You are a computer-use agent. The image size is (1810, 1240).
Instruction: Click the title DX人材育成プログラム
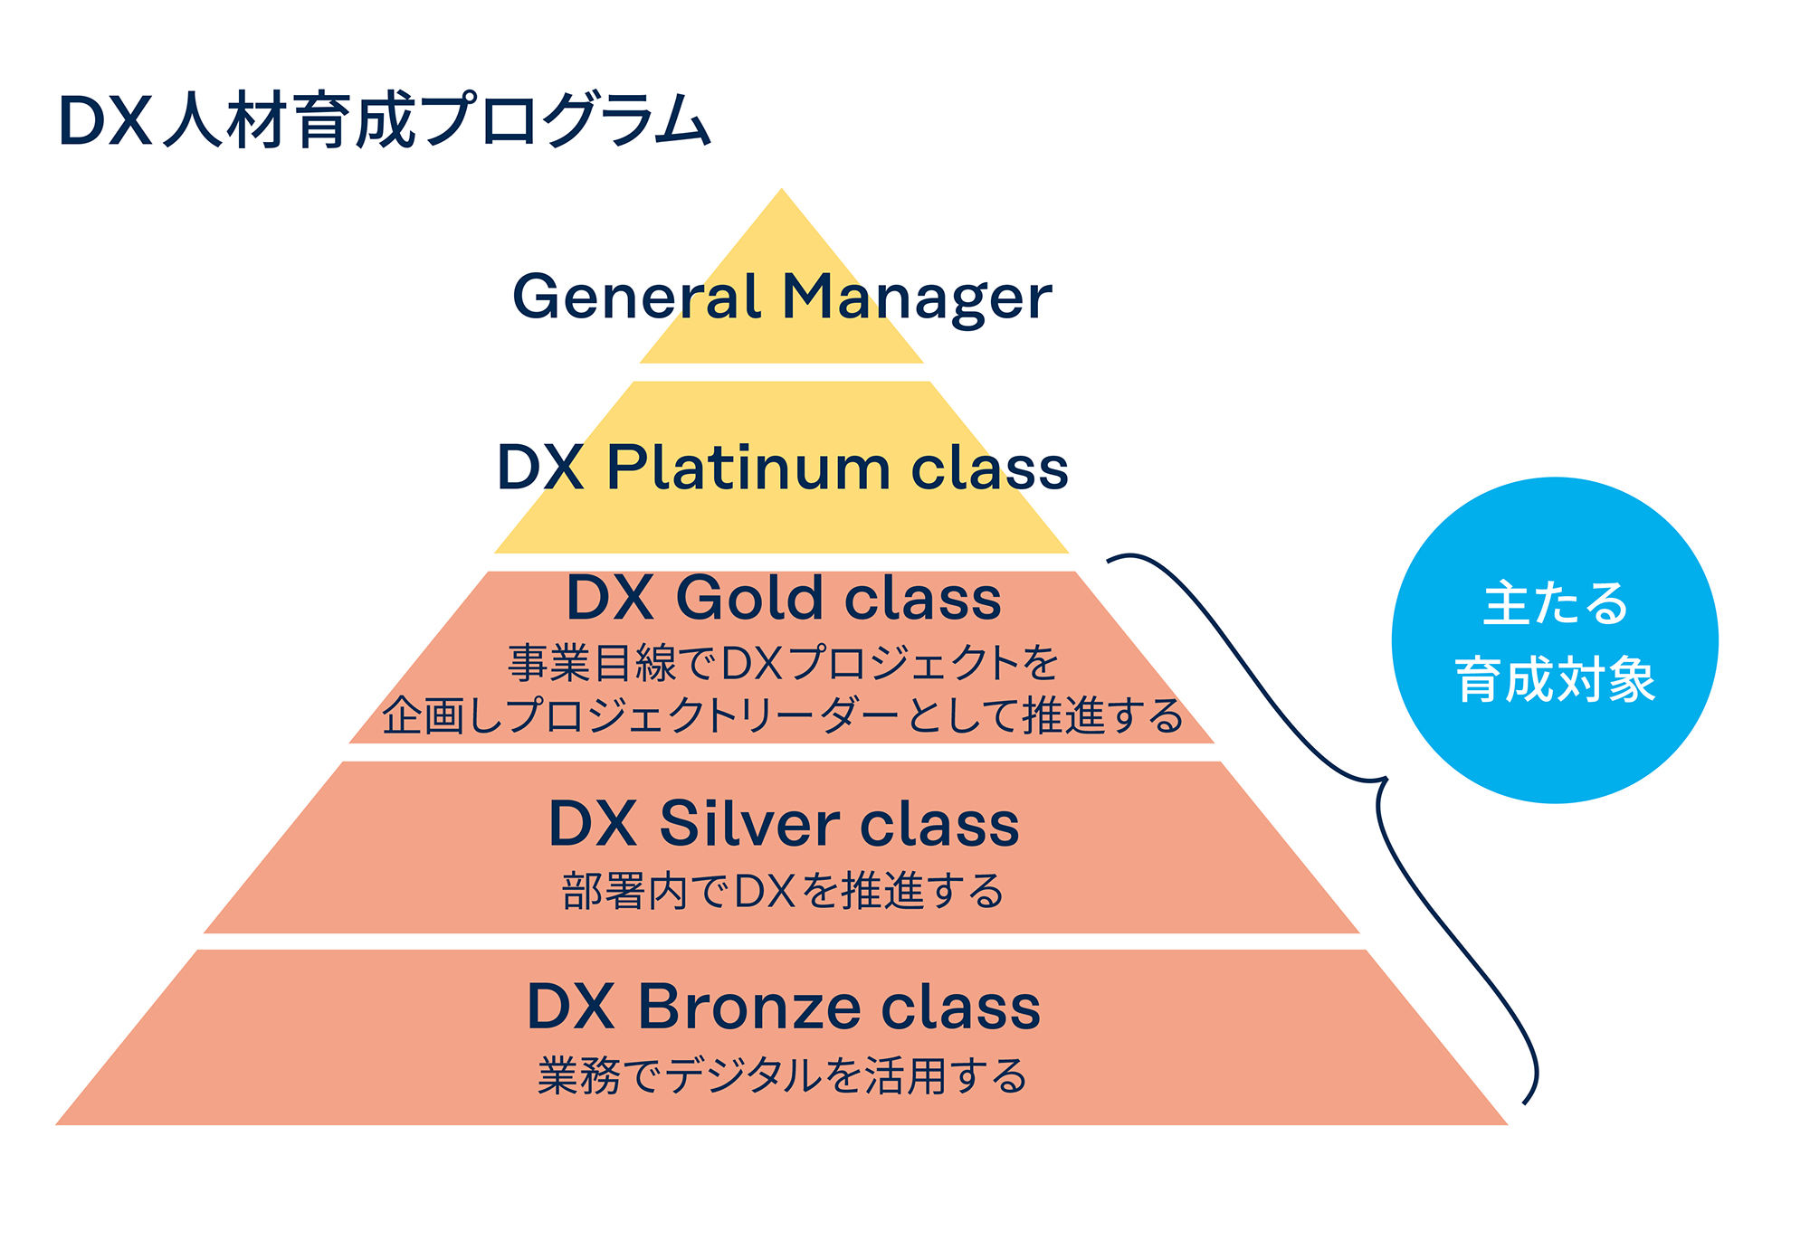(x=384, y=120)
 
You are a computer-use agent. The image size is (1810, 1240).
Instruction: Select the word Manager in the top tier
(x=916, y=298)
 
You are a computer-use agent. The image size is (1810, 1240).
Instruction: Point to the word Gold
(x=746, y=598)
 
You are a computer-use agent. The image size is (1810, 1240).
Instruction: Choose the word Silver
(x=748, y=824)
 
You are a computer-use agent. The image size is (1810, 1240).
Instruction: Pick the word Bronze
(x=748, y=1007)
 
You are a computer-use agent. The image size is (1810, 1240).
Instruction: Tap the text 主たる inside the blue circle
(x=1555, y=604)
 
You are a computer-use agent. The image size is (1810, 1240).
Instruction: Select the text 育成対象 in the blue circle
(x=1555, y=679)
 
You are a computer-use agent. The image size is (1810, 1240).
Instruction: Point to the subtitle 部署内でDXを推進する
(x=783, y=892)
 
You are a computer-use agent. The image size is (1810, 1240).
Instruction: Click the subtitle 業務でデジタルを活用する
(x=783, y=1076)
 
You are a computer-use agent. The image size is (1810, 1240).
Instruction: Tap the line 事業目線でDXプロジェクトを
(x=783, y=663)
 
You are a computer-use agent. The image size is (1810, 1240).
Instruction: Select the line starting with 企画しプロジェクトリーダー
(x=783, y=715)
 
